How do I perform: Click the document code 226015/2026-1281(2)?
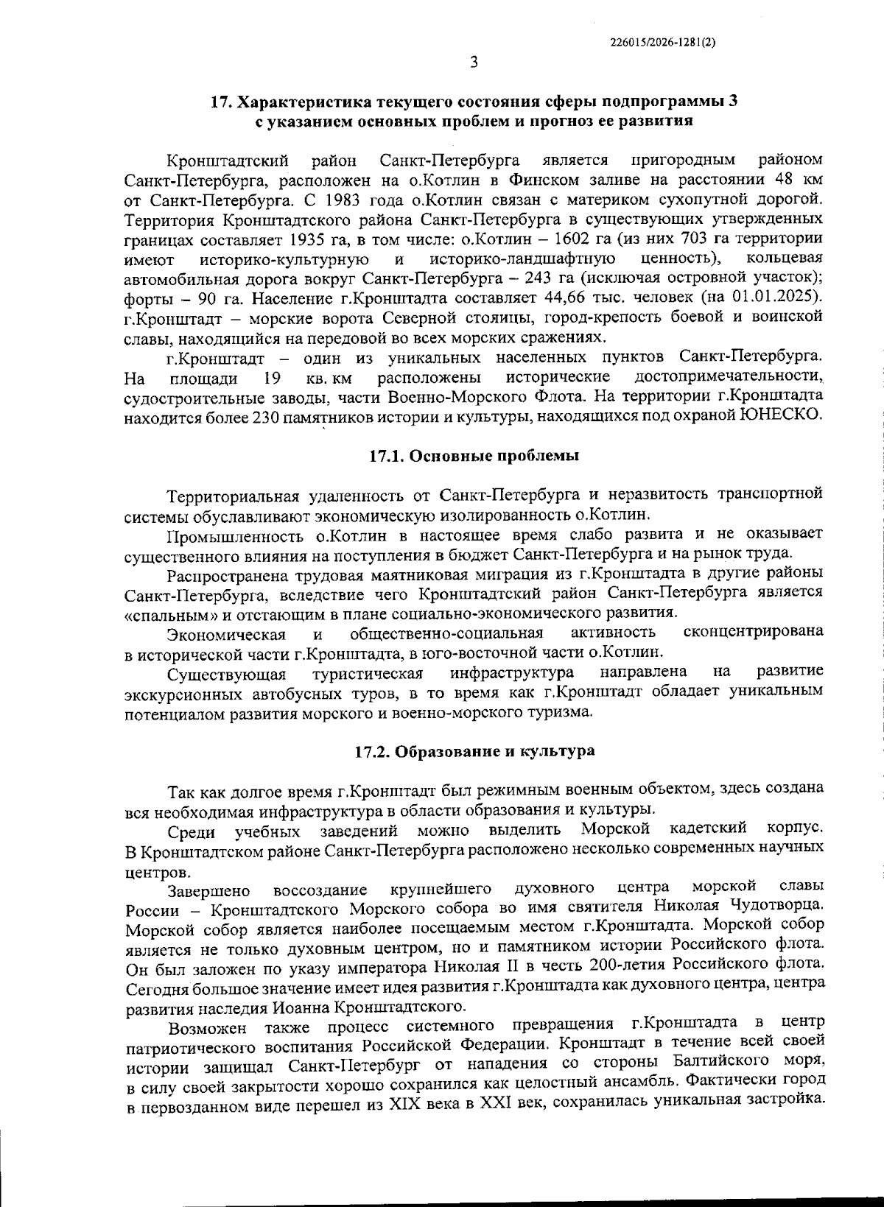click(663, 43)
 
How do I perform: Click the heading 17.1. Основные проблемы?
click(474, 456)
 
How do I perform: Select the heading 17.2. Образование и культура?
click(474, 752)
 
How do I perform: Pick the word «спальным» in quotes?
click(166, 613)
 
